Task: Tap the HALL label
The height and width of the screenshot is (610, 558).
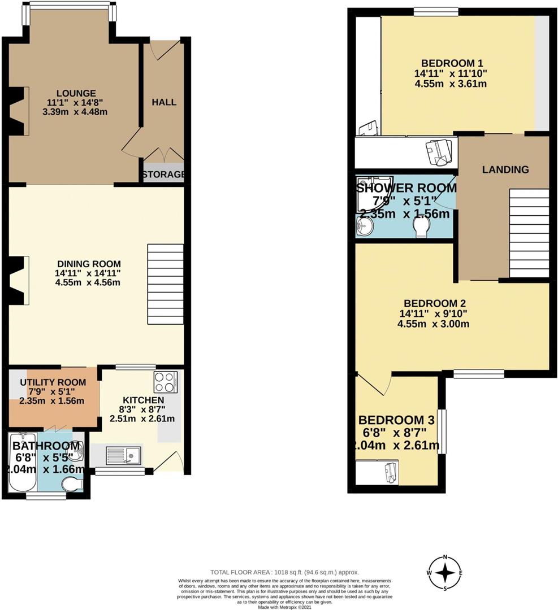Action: click(164, 102)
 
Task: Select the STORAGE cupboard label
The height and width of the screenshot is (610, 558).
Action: click(163, 175)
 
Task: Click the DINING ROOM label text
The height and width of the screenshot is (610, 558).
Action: click(89, 264)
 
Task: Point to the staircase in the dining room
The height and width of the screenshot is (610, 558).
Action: click(165, 284)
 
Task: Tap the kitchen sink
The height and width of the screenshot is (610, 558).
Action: click(124, 454)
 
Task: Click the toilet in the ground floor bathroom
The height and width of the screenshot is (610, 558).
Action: click(72, 485)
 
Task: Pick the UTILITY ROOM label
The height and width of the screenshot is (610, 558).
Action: click(53, 382)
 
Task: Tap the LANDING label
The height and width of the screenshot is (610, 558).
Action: click(505, 169)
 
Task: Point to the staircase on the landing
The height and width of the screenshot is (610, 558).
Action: click(529, 233)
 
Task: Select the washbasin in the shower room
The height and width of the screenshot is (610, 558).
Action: click(365, 228)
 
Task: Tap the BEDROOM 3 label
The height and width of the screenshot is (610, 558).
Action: click(399, 420)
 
